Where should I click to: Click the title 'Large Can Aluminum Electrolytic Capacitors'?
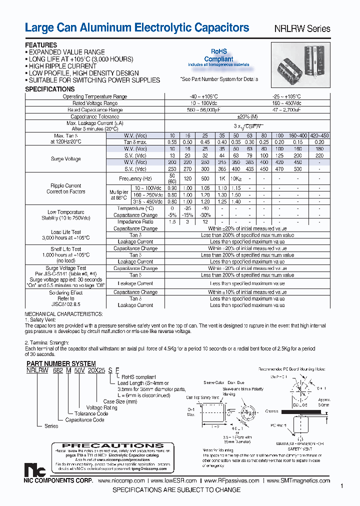[x=136, y=28]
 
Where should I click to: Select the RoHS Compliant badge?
[x=218, y=57]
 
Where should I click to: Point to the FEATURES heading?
[x=41, y=45]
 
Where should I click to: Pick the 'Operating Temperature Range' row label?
[x=95, y=96]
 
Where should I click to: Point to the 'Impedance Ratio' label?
[x=135, y=221]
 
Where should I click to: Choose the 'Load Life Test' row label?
[x=66, y=232]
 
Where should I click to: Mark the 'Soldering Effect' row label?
[x=66, y=292]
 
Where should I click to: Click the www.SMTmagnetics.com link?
[x=298, y=480]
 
